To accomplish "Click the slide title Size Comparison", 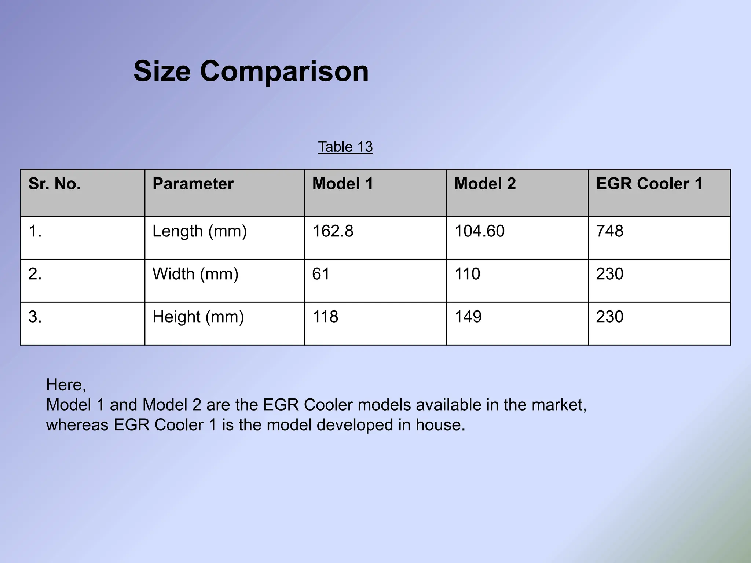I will pos(251,71).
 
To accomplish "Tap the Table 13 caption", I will pos(345,147).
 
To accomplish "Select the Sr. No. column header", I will pos(54,184).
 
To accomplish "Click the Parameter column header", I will pos(193,184).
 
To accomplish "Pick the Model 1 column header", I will pos(342,184).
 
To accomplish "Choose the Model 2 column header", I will pos(485,184).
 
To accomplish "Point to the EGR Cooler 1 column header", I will pos(649,184).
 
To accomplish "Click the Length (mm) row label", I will pos(199,231).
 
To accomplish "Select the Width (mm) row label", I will pos(195,274).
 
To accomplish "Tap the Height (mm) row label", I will pos(198,317).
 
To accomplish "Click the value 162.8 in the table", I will pos(333,231).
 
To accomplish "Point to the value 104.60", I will pos(479,231).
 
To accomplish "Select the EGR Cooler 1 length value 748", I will pos(609,231).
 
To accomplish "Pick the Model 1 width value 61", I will pos(321,274).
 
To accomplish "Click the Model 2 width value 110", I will pos(467,274).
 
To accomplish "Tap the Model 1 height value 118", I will pos(325,317).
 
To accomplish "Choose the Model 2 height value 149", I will pos(468,317).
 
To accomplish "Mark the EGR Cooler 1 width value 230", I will pos(609,274).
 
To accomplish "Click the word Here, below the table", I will pos(66,385).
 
